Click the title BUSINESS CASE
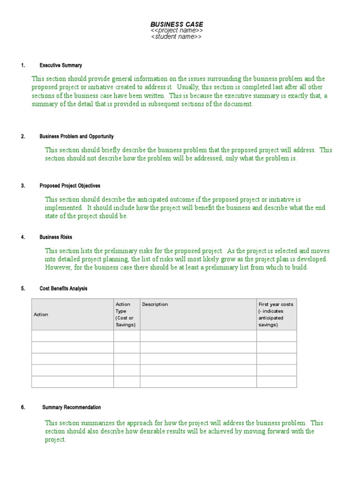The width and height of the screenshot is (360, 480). tap(177, 24)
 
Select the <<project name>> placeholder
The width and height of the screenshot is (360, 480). tap(177, 30)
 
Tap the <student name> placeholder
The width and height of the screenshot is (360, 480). tap(177, 37)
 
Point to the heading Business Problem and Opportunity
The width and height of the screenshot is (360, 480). tap(76, 136)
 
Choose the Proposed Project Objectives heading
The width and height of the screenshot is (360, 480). tap(70, 186)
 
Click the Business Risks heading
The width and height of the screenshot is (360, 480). tap(56, 237)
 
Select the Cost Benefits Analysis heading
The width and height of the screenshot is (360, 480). tap(63, 289)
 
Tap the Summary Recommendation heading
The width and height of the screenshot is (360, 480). tap(71, 407)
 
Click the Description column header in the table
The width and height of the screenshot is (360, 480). tap(155, 305)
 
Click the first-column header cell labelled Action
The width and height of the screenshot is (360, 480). tap(41, 315)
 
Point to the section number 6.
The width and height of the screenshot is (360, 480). tap(23, 407)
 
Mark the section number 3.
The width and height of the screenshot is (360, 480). tap(23, 186)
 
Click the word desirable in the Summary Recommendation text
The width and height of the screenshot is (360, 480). tap(168, 431)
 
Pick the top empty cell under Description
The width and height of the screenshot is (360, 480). tap(198, 336)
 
